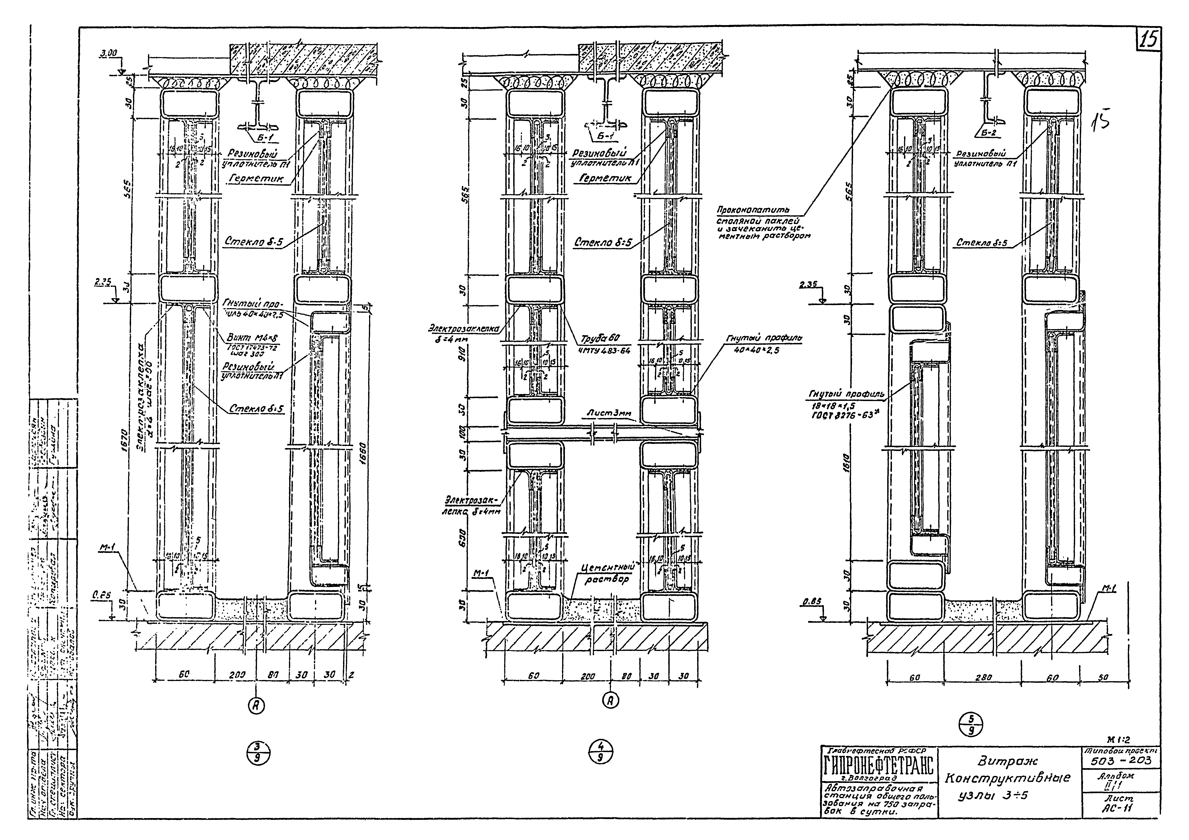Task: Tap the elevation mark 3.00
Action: click(109, 53)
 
